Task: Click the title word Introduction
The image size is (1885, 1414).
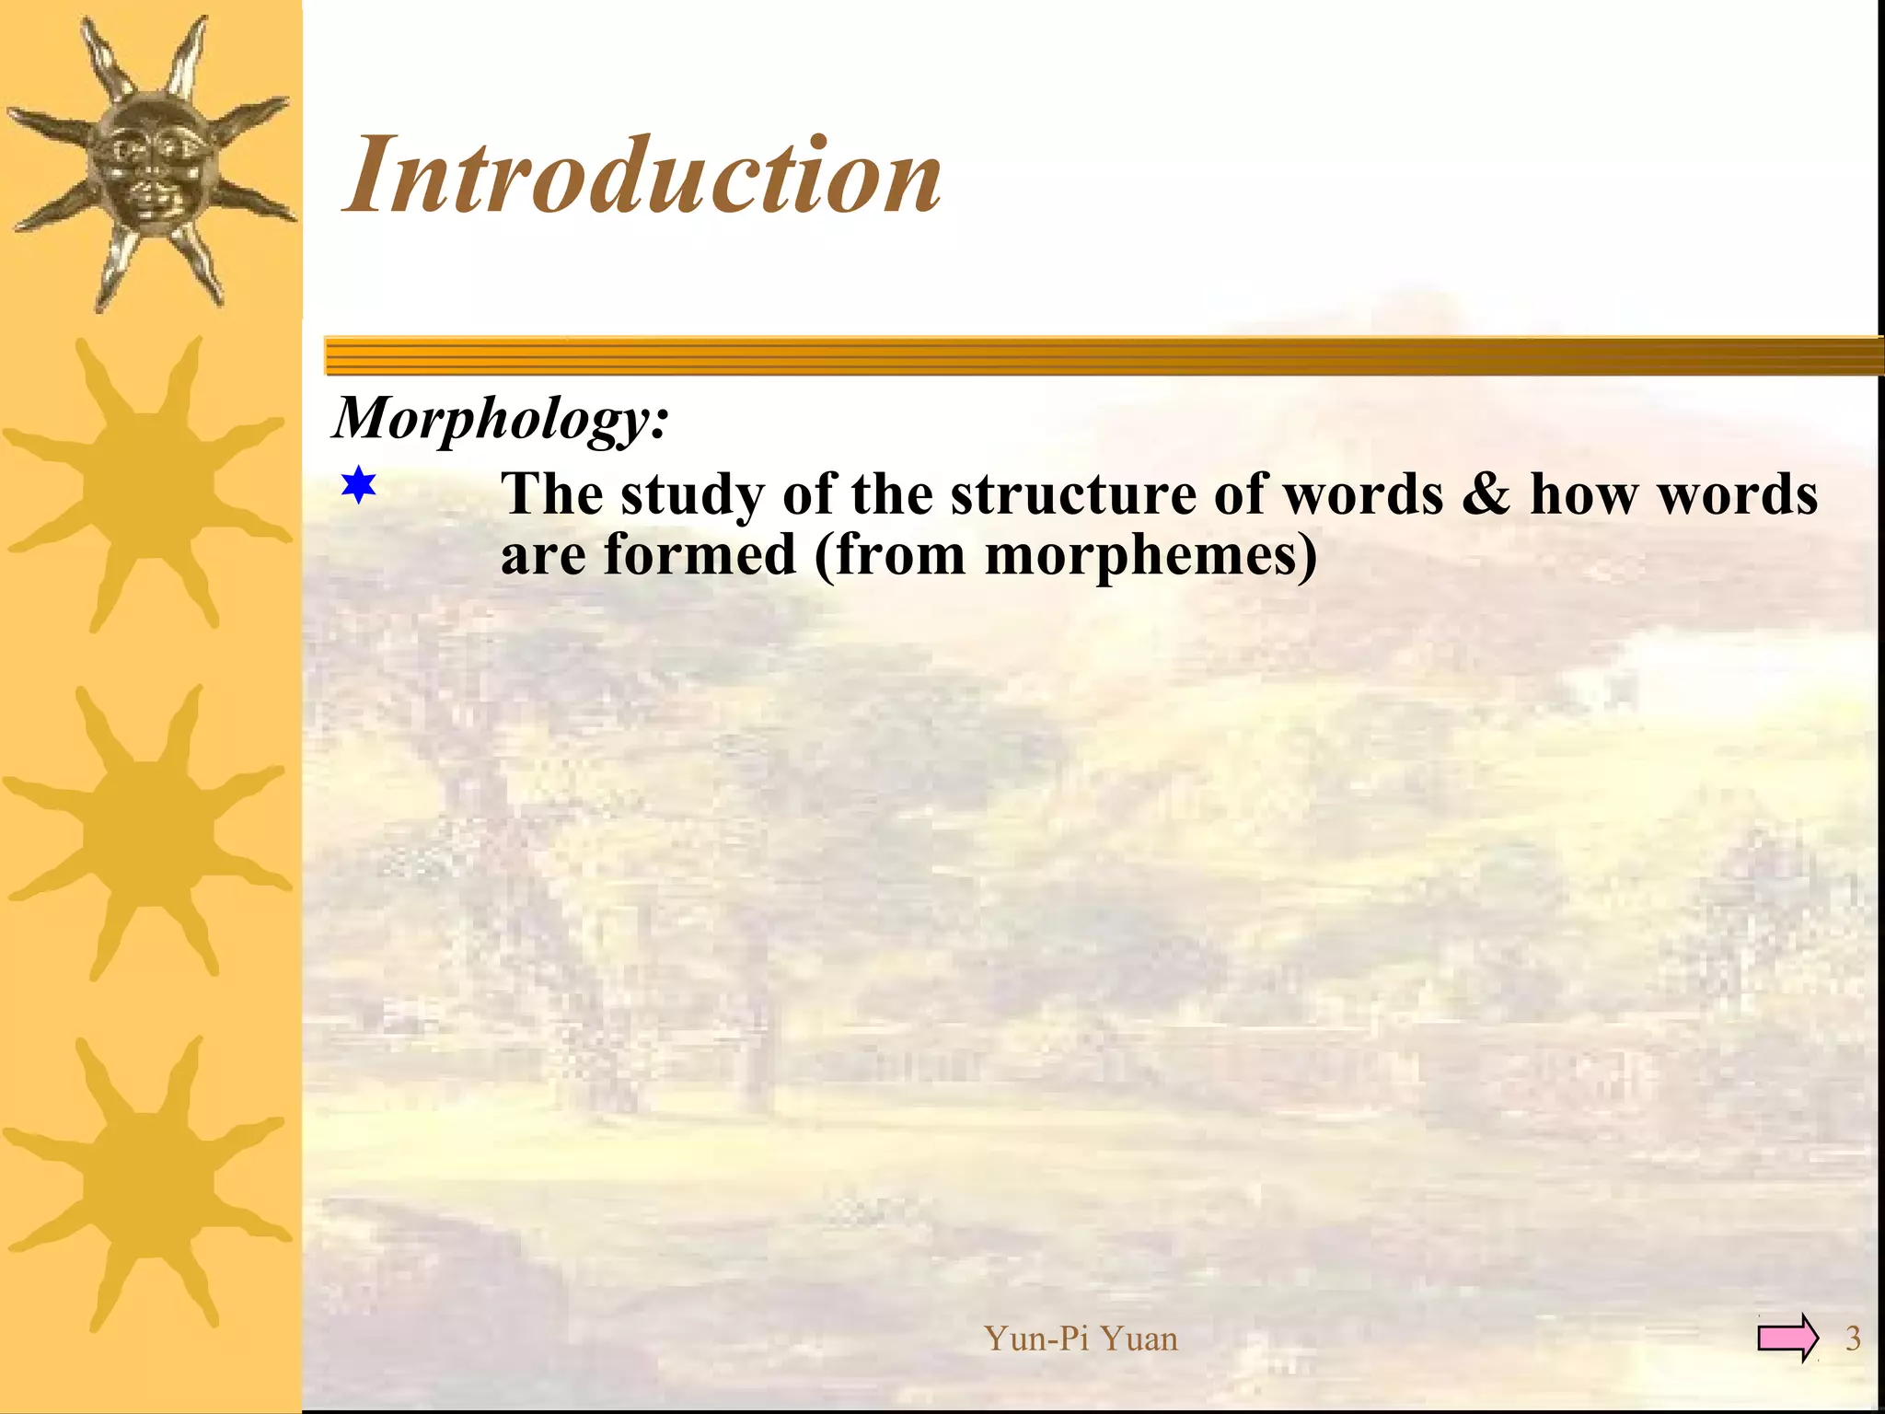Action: coord(642,175)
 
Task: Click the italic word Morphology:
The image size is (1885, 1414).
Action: coord(501,419)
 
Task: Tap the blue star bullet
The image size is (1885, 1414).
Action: coord(358,485)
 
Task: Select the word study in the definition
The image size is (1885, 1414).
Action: coord(692,495)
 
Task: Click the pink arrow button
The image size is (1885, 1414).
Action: coord(1787,1338)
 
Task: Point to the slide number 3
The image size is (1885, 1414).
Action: coord(1853,1338)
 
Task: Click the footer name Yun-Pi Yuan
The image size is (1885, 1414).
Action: coord(1081,1338)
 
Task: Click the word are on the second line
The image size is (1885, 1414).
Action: coord(543,557)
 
